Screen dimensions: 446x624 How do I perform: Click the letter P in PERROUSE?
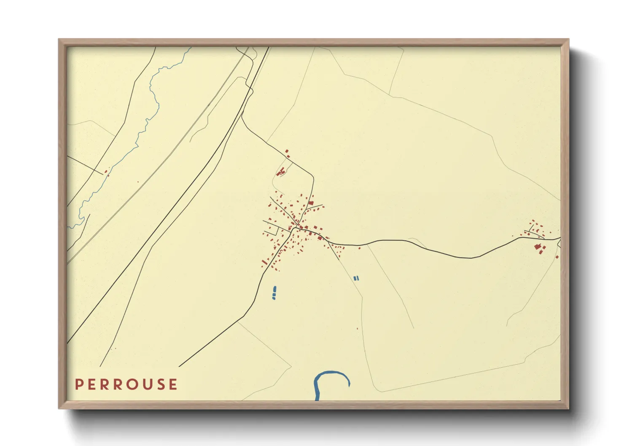pos(78,384)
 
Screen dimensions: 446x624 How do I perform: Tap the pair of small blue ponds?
pos(356,278)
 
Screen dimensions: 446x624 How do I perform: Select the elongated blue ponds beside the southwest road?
pos(274,292)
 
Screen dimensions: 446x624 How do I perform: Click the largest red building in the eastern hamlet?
pos(537,247)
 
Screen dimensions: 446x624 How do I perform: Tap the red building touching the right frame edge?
pos(557,257)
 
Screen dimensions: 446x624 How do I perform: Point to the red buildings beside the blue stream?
pos(106,172)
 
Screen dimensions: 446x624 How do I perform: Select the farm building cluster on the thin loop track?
pos(281,172)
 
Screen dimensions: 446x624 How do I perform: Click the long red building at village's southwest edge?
pos(265,262)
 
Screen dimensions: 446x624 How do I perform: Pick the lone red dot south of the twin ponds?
pos(358,328)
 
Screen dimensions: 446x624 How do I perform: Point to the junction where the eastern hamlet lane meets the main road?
pos(522,238)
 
